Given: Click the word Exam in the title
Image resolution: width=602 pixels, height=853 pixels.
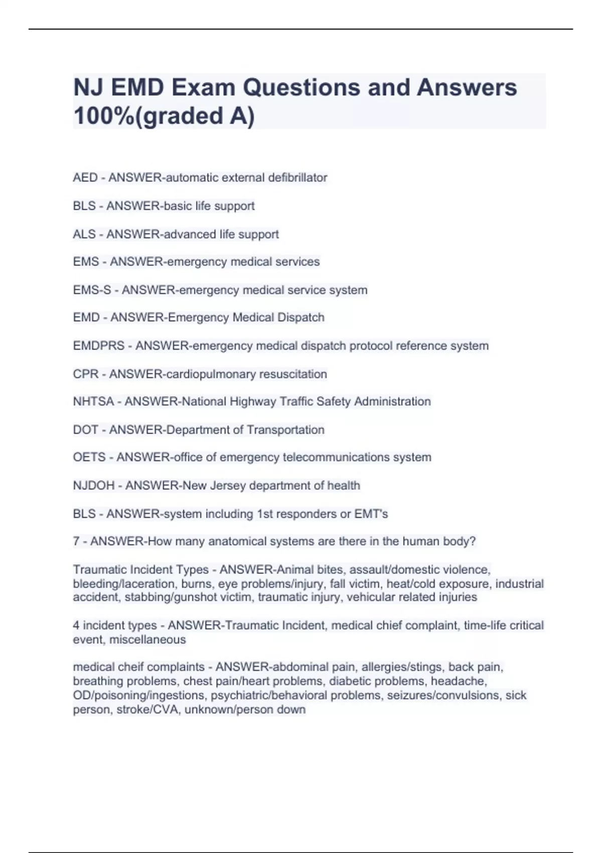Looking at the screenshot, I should click(x=201, y=88).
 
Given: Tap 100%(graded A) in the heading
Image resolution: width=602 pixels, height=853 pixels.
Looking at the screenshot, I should click(x=164, y=116).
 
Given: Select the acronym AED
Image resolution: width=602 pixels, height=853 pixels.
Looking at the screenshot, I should click(x=85, y=178).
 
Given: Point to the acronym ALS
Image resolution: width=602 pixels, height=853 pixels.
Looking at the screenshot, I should click(x=84, y=234).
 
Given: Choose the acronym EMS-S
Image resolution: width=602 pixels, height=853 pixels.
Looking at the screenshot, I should click(x=92, y=290).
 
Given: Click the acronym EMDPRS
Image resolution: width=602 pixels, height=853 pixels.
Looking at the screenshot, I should click(x=98, y=346).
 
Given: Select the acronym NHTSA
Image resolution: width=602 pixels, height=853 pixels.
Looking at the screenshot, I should click(x=93, y=401).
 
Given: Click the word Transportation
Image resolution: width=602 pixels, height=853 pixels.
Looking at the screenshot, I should click(x=285, y=430).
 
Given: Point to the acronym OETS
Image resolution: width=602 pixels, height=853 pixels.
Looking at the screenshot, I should click(x=89, y=458).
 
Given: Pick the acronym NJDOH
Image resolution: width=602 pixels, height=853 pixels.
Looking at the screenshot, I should click(x=94, y=486).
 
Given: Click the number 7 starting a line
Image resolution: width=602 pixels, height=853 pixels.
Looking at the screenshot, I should click(x=76, y=541).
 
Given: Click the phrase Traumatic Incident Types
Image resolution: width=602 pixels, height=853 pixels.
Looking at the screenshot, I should click(x=140, y=570).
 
